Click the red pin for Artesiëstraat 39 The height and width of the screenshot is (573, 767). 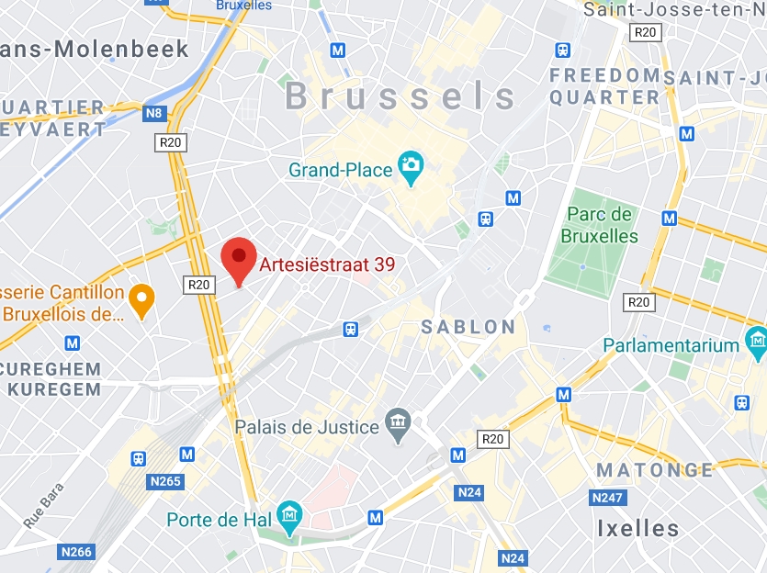click(240, 259)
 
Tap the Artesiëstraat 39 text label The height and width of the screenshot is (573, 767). click(327, 265)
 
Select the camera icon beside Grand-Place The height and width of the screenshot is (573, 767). click(410, 167)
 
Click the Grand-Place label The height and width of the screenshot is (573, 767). click(339, 170)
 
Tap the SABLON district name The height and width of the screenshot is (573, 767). click(468, 327)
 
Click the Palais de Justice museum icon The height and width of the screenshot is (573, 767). click(398, 425)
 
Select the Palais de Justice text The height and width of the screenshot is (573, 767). click(307, 427)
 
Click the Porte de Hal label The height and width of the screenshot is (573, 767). click(220, 520)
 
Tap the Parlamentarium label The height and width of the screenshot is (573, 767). click(671, 346)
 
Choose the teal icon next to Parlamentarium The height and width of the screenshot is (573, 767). click(756, 346)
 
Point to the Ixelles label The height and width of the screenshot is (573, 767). click(637, 529)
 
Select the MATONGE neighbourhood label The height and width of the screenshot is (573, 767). click(654, 470)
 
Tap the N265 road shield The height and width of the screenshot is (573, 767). click(165, 481)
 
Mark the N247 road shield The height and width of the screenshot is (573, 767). click(608, 498)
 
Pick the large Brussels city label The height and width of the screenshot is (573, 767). click(400, 95)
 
